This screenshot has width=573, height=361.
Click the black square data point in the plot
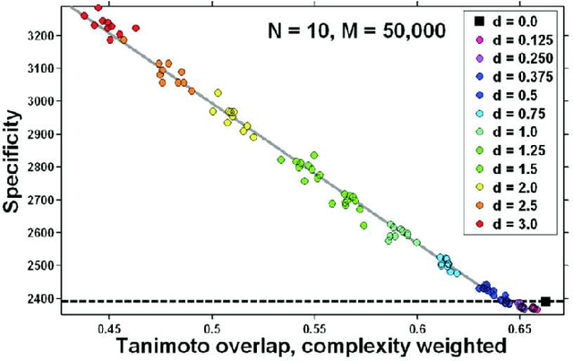545,302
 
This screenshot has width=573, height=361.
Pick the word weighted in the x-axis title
458,346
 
